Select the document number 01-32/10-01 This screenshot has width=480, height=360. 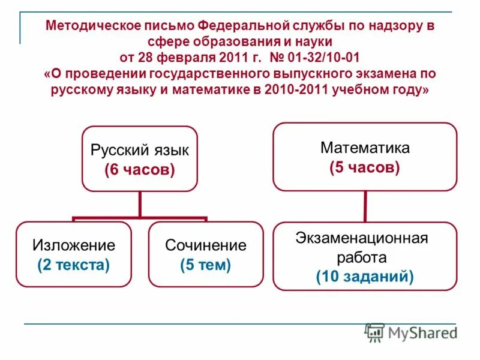point(325,58)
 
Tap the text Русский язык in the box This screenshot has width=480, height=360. point(139,150)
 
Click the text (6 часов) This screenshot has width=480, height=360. point(139,170)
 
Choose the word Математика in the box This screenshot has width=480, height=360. point(365,147)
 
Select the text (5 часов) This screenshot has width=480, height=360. point(365,167)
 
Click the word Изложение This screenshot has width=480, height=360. point(73,245)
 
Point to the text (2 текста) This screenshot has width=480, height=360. point(73,265)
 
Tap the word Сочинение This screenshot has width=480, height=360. point(206,245)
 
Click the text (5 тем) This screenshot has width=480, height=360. point(206,265)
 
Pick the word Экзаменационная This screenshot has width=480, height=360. point(361,238)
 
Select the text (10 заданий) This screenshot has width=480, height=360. point(365,277)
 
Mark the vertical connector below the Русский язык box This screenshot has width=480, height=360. point(139,204)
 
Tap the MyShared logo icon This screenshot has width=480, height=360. point(375,333)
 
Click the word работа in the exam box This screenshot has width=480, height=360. point(365,257)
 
